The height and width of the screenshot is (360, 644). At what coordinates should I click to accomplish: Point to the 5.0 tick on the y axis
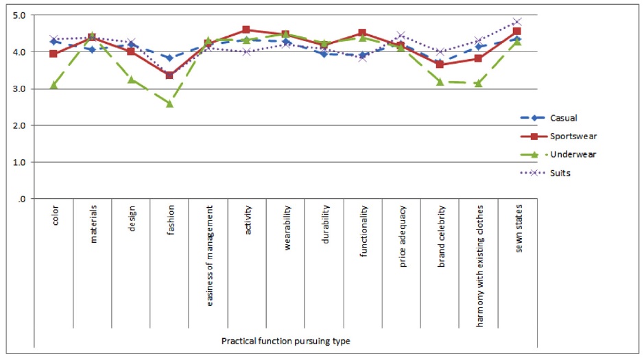[19, 15]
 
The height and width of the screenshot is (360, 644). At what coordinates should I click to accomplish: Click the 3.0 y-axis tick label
[19, 89]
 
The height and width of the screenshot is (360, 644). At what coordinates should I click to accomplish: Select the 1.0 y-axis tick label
[19, 163]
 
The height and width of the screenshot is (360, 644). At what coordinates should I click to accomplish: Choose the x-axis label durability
[325, 222]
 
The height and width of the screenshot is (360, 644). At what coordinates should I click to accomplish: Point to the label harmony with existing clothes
[479, 254]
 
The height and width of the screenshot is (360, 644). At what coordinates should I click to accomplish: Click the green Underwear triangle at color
[53, 85]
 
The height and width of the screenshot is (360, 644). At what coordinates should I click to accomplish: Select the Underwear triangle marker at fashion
[169, 104]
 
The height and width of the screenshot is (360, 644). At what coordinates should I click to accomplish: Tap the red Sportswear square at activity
[246, 29]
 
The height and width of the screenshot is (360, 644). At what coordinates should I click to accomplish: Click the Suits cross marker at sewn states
[517, 22]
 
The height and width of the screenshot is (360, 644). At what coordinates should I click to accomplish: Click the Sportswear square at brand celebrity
[440, 64]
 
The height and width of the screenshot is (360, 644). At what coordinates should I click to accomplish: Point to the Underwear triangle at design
[131, 80]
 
